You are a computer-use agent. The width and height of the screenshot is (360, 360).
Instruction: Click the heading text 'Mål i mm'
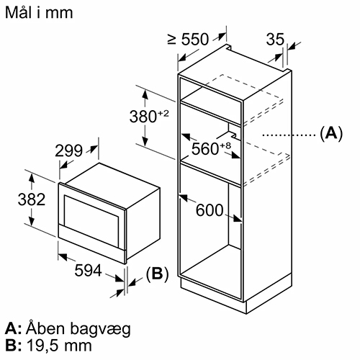point(39,12)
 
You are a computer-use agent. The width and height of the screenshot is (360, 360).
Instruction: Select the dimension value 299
point(68,150)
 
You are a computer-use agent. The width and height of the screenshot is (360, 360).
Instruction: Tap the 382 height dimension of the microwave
point(32,199)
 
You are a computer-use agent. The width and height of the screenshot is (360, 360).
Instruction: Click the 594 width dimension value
point(88,270)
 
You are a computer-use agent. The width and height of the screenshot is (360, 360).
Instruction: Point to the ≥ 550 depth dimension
point(188,39)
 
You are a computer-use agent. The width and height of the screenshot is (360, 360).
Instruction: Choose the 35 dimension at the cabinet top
point(275,39)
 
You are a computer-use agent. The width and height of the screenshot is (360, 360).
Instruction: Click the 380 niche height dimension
point(143,117)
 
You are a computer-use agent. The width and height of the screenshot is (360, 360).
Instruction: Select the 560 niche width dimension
point(205,149)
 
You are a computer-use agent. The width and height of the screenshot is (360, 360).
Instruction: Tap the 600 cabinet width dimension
point(210,210)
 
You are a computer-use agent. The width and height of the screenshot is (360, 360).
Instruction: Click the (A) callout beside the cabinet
point(331,132)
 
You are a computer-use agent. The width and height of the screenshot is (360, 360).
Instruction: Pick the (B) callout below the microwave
point(158,274)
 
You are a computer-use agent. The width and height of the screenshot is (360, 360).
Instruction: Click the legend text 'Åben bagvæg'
point(78,329)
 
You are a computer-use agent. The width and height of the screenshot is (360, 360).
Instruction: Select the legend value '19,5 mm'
point(59,346)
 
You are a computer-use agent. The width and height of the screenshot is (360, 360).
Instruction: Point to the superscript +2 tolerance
point(163,113)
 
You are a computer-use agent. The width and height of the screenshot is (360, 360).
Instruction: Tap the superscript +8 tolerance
point(225,145)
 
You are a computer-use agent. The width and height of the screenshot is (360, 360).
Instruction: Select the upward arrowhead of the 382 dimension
point(32,179)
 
